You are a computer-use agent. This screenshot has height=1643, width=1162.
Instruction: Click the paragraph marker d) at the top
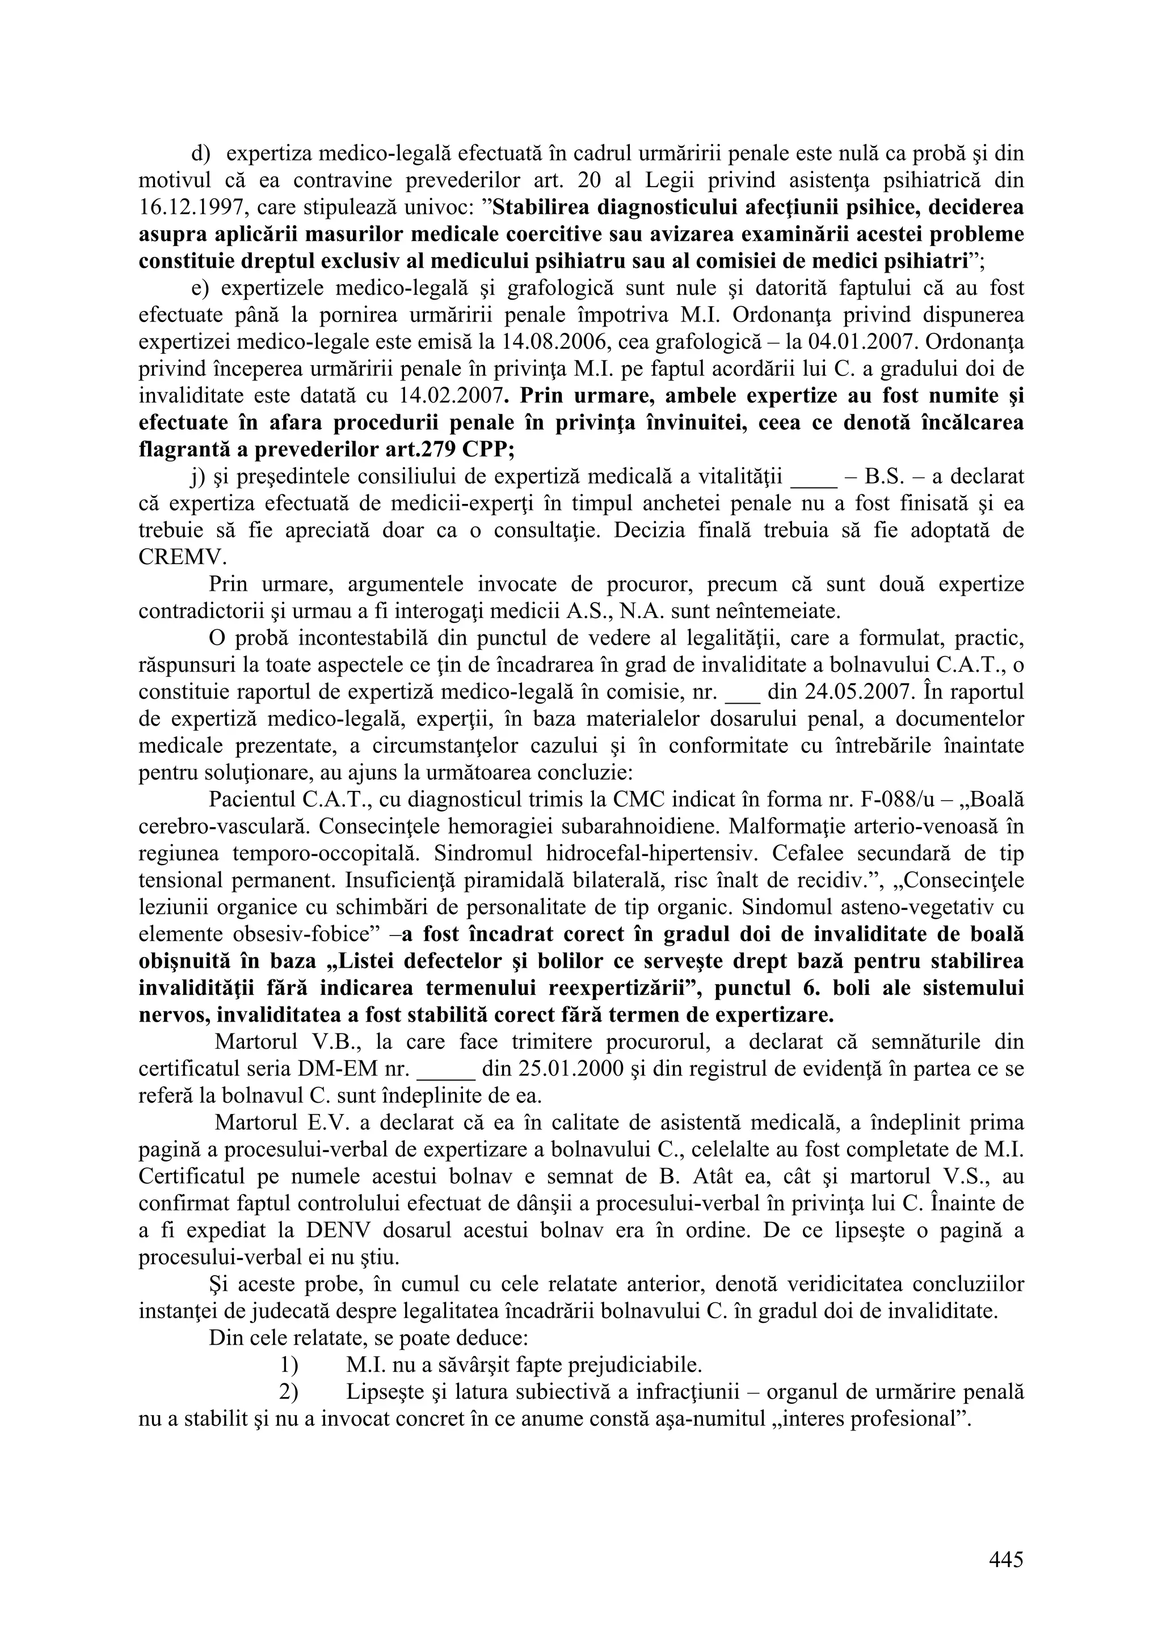click(199, 154)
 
